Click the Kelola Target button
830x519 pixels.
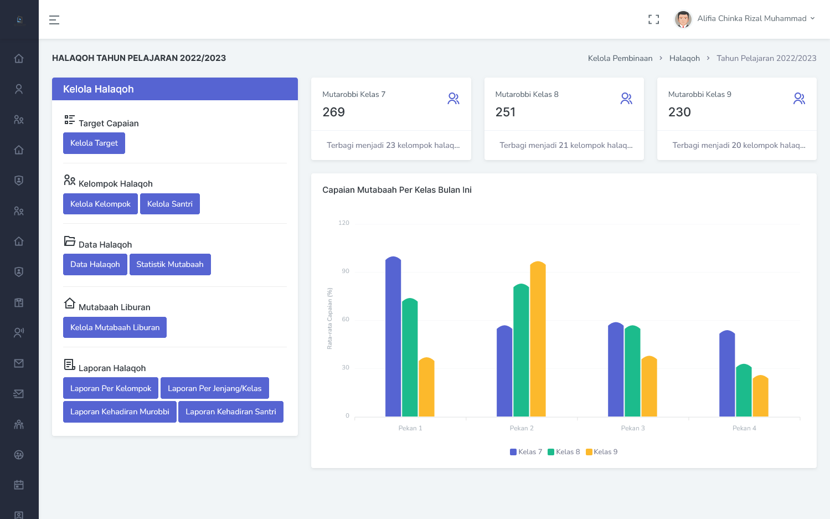pyautogui.click(x=94, y=143)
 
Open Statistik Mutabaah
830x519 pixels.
pyautogui.click(x=170, y=265)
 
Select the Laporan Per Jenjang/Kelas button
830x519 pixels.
pyautogui.click(x=214, y=388)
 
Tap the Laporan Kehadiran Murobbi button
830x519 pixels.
pyautogui.click(x=120, y=412)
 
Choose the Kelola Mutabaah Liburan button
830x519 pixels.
pyautogui.click(x=115, y=327)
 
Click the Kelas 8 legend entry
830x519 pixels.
pyautogui.click(x=564, y=452)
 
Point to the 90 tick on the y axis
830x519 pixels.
pyautogui.click(x=346, y=271)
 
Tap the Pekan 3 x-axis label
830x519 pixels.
pyautogui.click(x=633, y=428)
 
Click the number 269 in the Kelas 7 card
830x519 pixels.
pyautogui.click(x=334, y=112)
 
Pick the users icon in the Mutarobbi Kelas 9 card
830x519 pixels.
pyautogui.click(x=799, y=99)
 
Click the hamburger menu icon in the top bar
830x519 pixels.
pyautogui.click(x=54, y=20)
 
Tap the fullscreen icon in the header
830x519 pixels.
pyautogui.click(x=654, y=19)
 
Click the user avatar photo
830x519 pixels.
pyautogui.click(x=683, y=19)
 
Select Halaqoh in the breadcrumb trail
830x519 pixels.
pyautogui.click(x=684, y=58)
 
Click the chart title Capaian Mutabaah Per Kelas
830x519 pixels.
pyautogui.click(x=397, y=190)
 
